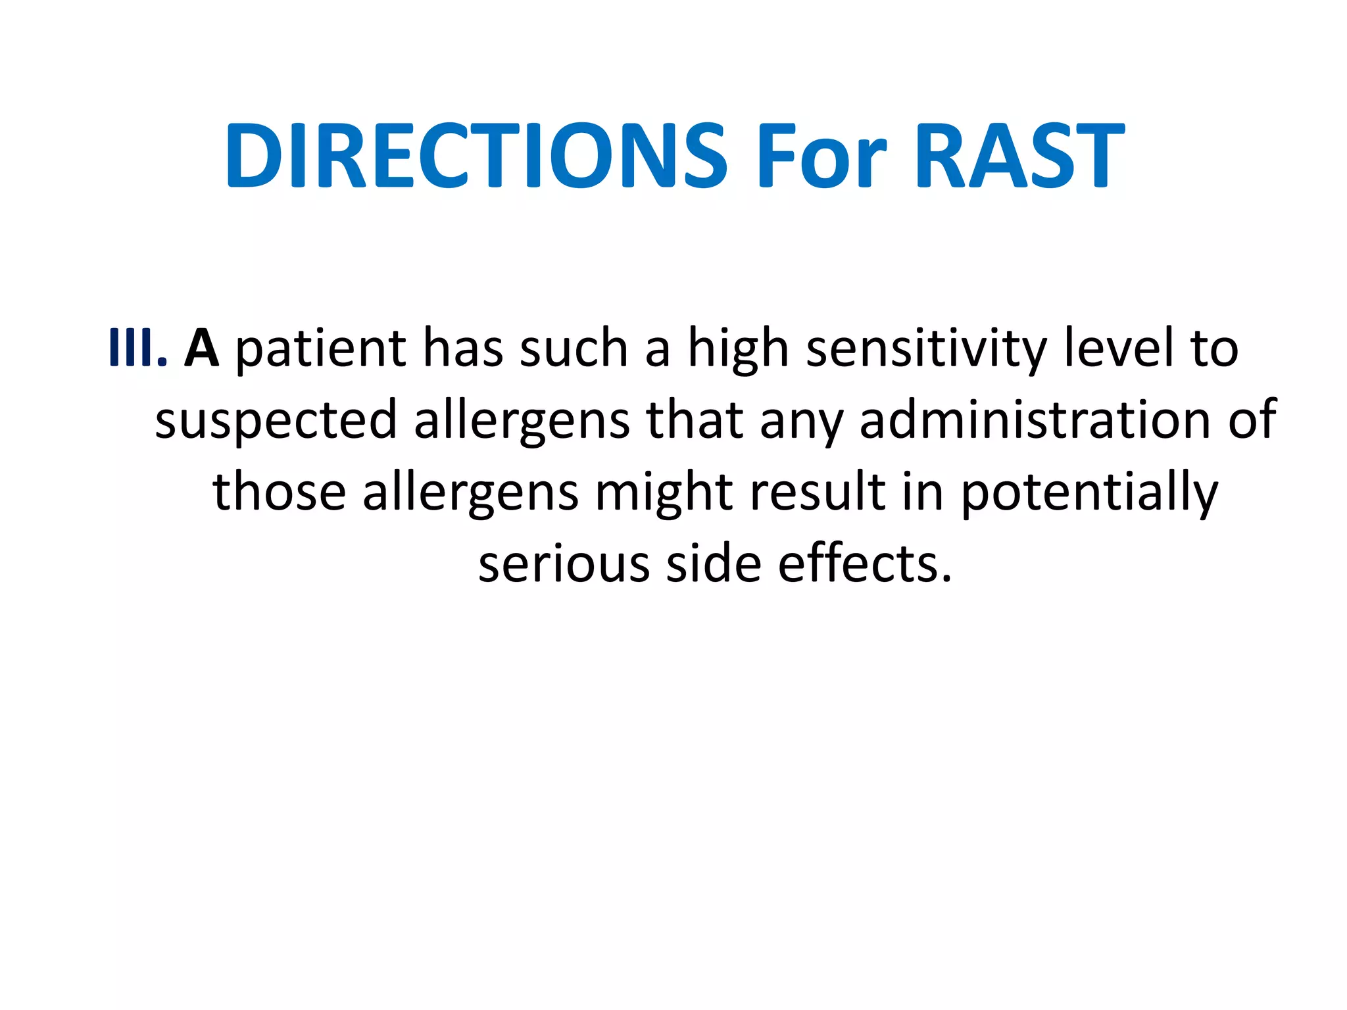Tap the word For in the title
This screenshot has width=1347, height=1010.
821,156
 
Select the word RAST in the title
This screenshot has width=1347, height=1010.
1019,156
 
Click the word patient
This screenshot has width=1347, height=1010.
321,349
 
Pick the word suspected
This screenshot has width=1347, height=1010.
276,421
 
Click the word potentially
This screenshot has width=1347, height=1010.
1089,493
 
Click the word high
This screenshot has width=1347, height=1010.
737,349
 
